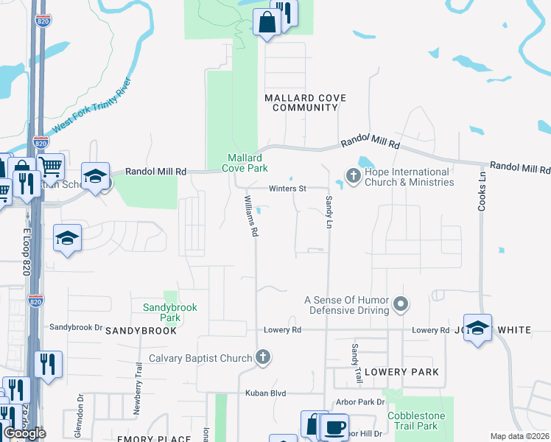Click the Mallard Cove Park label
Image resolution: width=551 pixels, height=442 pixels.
coord(246,163)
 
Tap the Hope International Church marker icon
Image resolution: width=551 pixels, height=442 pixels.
coord(353,176)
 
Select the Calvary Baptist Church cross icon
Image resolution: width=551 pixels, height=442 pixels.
coord(262,358)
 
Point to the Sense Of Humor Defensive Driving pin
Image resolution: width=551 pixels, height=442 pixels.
coord(401,304)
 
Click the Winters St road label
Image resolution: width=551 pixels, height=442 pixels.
coord(287,189)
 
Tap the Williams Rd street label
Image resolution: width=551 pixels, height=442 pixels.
coord(251,216)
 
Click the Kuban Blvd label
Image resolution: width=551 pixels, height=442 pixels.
coord(266,394)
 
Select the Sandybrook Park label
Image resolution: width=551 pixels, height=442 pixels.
coord(170,312)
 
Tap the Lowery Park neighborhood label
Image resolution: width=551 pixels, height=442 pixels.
coord(401,372)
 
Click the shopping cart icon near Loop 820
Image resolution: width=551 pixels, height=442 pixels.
coord(50,166)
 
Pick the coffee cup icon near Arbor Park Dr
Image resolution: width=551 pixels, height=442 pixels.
coord(335,426)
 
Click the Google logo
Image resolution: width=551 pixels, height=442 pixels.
coord(25,433)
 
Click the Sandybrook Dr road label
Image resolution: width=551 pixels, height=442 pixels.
coord(75,326)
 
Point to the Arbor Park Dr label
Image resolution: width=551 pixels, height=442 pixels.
coord(360,402)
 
